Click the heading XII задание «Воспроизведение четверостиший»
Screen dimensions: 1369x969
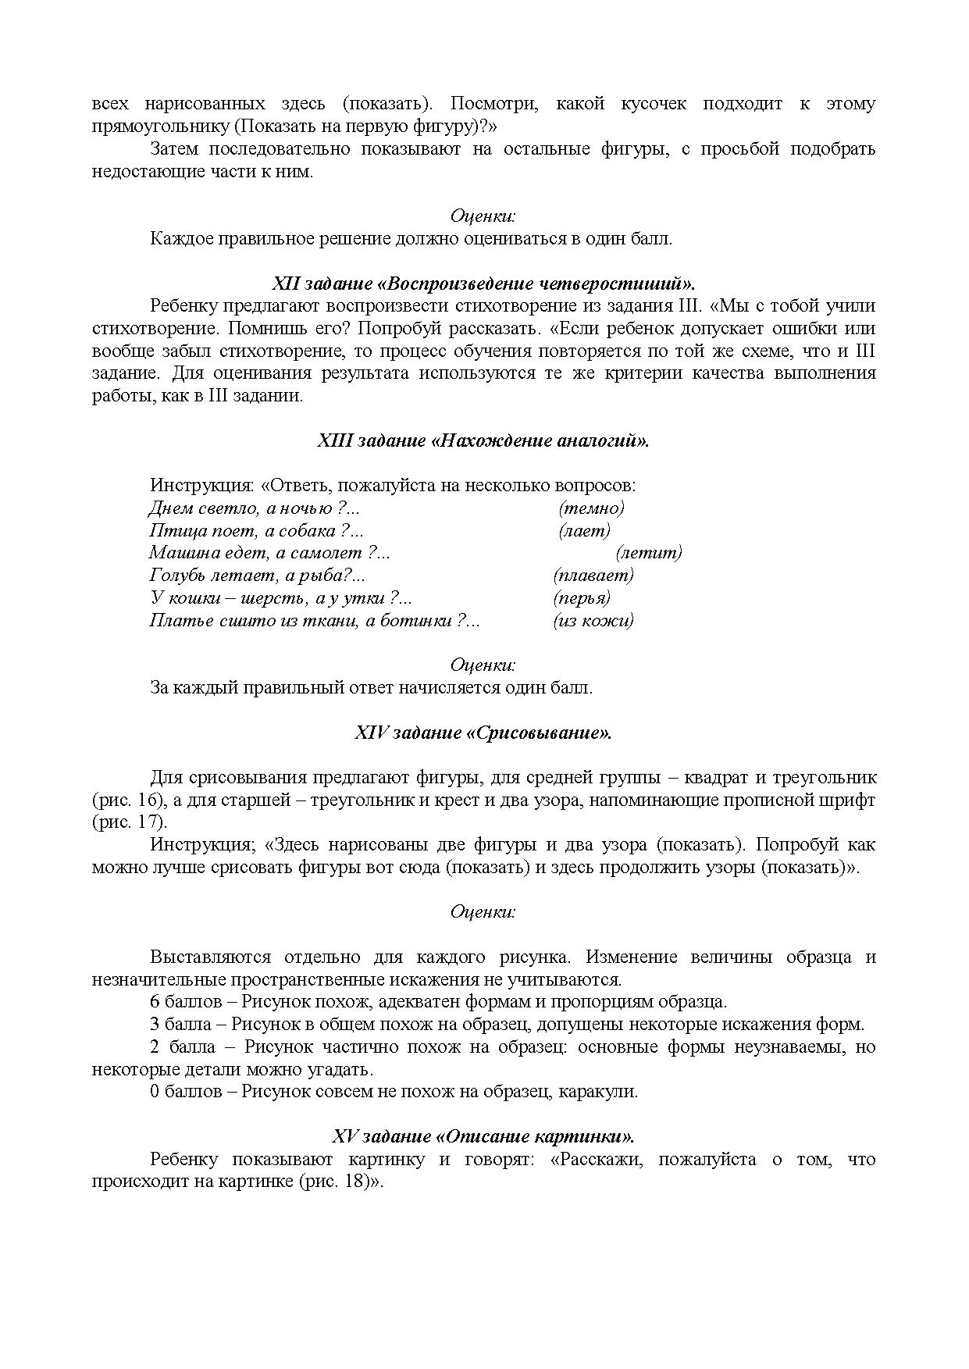pyautogui.click(x=483, y=283)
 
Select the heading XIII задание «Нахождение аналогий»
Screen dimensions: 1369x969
pyautogui.click(x=483, y=440)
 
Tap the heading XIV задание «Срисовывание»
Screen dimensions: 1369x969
pyautogui.click(x=483, y=733)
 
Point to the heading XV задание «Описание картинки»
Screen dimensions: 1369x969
pyautogui.click(x=483, y=1136)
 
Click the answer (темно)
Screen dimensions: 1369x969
pyautogui.click(x=592, y=508)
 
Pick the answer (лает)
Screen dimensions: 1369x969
pyautogui.click(x=585, y=531)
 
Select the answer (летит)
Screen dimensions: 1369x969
pyautogui.click(x=649, y=553)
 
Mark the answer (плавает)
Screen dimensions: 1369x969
pyautogui.click(x=593, y=576)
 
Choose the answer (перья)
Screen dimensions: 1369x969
pyautogui.click(x=582, y=598)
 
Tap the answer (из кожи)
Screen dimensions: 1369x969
pyautogui.click(x=593, y=621)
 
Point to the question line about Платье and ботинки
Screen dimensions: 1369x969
pyautogui.click(x=314, y=621)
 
